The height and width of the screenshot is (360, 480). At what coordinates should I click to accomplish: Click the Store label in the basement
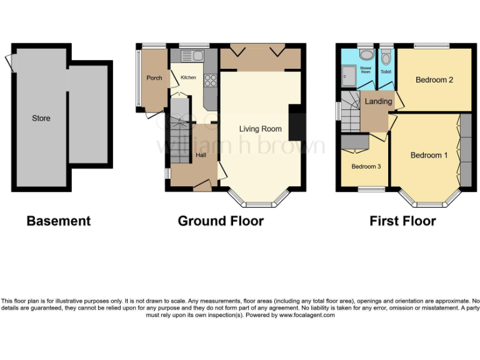(x=41, y=118)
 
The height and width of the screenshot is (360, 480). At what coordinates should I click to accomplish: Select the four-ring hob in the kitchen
(x=211, y=80)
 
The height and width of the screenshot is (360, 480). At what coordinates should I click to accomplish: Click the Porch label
(x=154, y=78)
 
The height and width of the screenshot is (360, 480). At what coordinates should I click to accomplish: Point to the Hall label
(x=201, y=155)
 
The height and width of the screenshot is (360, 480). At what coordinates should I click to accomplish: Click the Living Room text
(x=260, y=129)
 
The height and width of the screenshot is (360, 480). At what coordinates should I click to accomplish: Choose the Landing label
(x=378, y=101)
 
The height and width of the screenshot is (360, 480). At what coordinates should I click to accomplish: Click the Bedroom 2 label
(x=434, y=80)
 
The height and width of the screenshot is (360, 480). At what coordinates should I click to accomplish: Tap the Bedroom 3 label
(x=366, y=166)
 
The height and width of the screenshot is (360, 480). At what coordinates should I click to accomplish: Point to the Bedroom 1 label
(x=429, y=155)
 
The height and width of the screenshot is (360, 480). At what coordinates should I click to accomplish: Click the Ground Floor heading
(x=221, y=221)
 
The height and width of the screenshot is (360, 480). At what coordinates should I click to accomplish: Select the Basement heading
(x=58, y=221)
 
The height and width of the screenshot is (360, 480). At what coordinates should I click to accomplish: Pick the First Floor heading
(x=402, y=221)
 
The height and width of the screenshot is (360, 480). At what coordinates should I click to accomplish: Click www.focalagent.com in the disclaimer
(x=306, y=316)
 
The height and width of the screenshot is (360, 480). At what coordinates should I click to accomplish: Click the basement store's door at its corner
(x=9, y=61)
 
